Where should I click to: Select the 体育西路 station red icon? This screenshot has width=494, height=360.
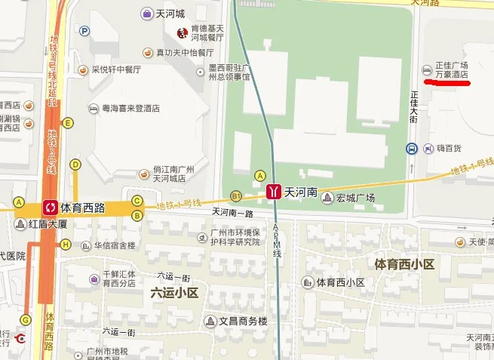[x=51, y=205]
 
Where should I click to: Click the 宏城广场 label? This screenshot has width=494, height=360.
[x=354, y=198]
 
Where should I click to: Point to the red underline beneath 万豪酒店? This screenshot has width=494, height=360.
[x=447, y=82]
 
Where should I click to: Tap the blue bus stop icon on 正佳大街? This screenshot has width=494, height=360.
[x=411, y=149]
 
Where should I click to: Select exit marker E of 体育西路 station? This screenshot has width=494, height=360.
[x=69, y=123]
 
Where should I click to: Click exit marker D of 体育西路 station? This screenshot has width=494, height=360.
[x=75, y=164]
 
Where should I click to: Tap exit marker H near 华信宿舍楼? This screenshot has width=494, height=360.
[x=66, y=244]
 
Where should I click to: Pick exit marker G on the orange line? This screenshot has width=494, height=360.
[x=26, y=318]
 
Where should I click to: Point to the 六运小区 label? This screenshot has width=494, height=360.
[x=173, y=292]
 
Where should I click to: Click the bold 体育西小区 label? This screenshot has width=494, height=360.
[x=405, y=264]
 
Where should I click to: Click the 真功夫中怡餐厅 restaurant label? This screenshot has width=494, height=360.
[x=185, y=53]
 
